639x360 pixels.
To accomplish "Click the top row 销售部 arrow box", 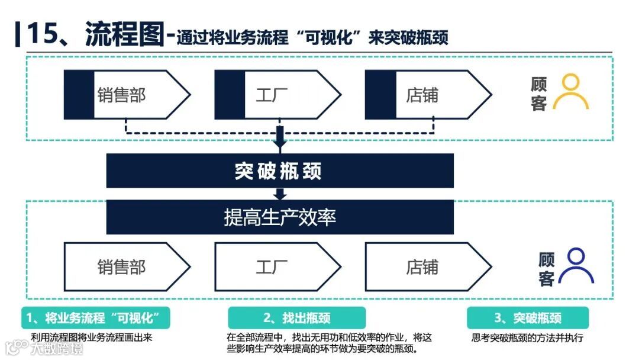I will (127, 95).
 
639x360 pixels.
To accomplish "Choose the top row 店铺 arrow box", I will (427, 95).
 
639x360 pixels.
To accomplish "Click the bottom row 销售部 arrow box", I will (127, 267).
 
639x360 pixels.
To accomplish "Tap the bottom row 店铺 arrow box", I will (427, 267).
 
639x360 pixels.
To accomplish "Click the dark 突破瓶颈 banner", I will (280, 171).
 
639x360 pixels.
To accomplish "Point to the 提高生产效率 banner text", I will (280, 217).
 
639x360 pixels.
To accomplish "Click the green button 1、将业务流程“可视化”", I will (95, 318).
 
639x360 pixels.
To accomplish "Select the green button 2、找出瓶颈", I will (296, 318).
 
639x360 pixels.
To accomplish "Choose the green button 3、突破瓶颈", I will (528, 318).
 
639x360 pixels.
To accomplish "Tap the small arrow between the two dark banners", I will (280, 194).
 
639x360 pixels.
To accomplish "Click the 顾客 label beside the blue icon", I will (546, 268).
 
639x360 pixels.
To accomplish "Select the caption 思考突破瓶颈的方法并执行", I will (528, 338).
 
